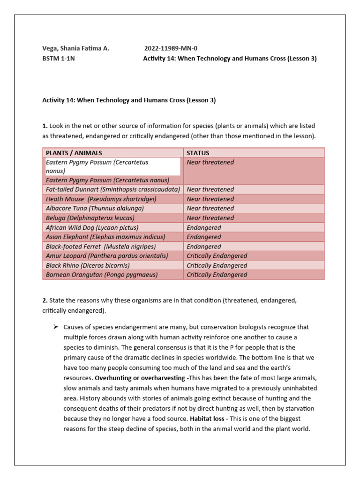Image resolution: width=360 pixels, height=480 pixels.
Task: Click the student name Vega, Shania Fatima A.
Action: point(75,48)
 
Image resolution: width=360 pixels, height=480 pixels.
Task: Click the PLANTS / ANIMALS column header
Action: point(74,153)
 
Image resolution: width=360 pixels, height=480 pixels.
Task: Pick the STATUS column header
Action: point(198,153)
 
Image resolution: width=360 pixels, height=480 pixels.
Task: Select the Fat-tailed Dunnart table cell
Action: point(112,189)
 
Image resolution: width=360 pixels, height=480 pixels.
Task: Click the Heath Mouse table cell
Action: point(101,199)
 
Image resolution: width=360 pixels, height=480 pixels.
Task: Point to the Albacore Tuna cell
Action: point(95,208)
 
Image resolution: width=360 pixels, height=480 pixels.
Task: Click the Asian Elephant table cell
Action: point(101,237)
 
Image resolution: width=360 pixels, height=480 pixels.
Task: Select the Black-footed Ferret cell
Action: point(101,247)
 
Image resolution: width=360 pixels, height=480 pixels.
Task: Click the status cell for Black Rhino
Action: point(217,265)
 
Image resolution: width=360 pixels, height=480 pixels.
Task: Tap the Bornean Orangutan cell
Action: point(102,275)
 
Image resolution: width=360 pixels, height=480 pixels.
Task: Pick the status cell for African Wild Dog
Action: point(204,227)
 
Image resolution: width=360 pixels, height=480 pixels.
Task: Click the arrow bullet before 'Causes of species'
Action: point(54,326)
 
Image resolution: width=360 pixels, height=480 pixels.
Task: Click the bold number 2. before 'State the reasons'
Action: point(45,300)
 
